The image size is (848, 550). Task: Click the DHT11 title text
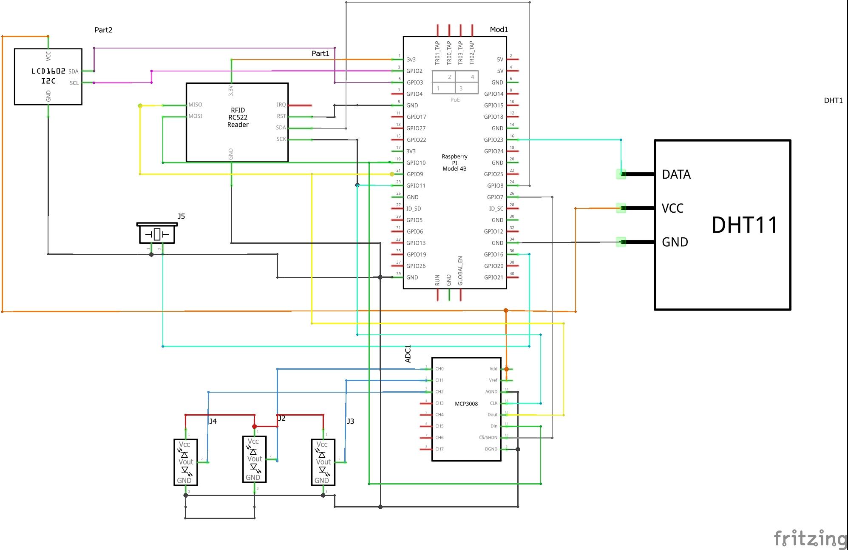[744, 225]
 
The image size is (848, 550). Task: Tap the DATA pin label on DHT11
[676, 174]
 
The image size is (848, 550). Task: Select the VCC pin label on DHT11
[672, 208]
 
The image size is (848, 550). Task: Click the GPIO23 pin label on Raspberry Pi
[493, 140]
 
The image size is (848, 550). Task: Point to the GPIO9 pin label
[414, 174]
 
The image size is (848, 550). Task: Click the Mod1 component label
[499, 29]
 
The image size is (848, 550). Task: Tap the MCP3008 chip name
[466, 404]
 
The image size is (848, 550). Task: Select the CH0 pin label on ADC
[439, 369]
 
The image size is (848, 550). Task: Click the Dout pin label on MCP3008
[492, 415]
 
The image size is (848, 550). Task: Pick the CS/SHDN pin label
[488, 438]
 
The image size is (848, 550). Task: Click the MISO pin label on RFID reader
[195, 105]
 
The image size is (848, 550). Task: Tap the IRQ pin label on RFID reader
[281, 105]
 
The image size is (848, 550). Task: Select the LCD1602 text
[48, 71]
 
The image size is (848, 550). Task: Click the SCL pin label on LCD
[74, 83]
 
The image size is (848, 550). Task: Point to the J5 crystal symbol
[157, 234]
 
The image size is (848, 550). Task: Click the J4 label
[213, 421]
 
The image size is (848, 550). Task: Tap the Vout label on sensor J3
[323, 462]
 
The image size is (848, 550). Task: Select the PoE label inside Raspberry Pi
[455, 100]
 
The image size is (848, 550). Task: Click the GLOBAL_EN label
[460, 271]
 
